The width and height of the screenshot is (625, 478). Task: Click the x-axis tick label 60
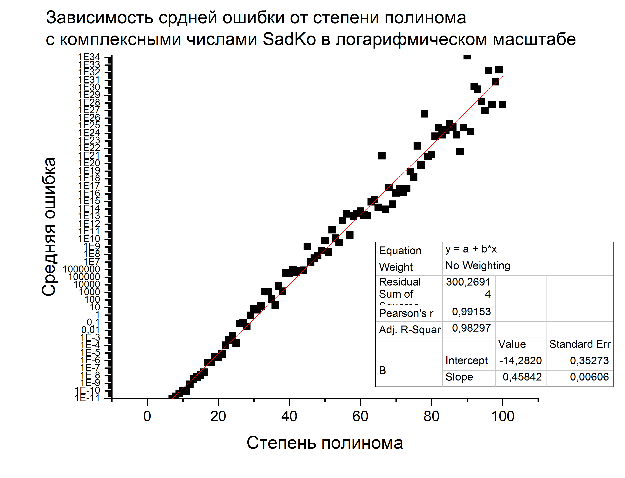pyautogui.click(x=360, y=416)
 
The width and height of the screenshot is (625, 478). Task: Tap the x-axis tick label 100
pyautogui.click(x=503, y=416)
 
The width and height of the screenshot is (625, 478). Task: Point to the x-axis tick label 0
pyautogui.click(x=147, y=416)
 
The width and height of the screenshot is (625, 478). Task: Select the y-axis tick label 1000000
pyautogui.click(x=81, y=269)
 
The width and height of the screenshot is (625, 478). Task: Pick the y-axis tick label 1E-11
pyautogui.click(x=87, y=398)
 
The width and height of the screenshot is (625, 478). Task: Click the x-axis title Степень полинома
pyautogui.click(x=325, y=443)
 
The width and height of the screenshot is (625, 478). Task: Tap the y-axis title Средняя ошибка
pyautogui.click(x=49, y=227)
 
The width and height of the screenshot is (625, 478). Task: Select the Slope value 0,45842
pyautogui.click(x=522, y=377)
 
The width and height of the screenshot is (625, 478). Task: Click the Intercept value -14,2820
pyautogui.click(x=520, y=361)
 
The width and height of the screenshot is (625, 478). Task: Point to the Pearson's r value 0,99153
pyautogui.click(x=471, y=312)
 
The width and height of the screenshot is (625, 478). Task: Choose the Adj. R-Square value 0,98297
pyautogui.click(x=471, y=328)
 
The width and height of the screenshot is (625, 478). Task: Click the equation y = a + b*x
pyautogui.click(x=471, y=249)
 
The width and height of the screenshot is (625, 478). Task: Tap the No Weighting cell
pyautogui.click(x=477, y=266)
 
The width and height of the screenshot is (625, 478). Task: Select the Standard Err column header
pyautogui.click(x=580, y=344)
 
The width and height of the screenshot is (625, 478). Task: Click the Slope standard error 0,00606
pyautogui.click(x=589, y=377)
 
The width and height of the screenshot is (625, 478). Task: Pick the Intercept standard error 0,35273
pyautogui.click(x=589, y=361)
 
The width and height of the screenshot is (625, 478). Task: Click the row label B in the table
pyautogui.click(x=382, y=370)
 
